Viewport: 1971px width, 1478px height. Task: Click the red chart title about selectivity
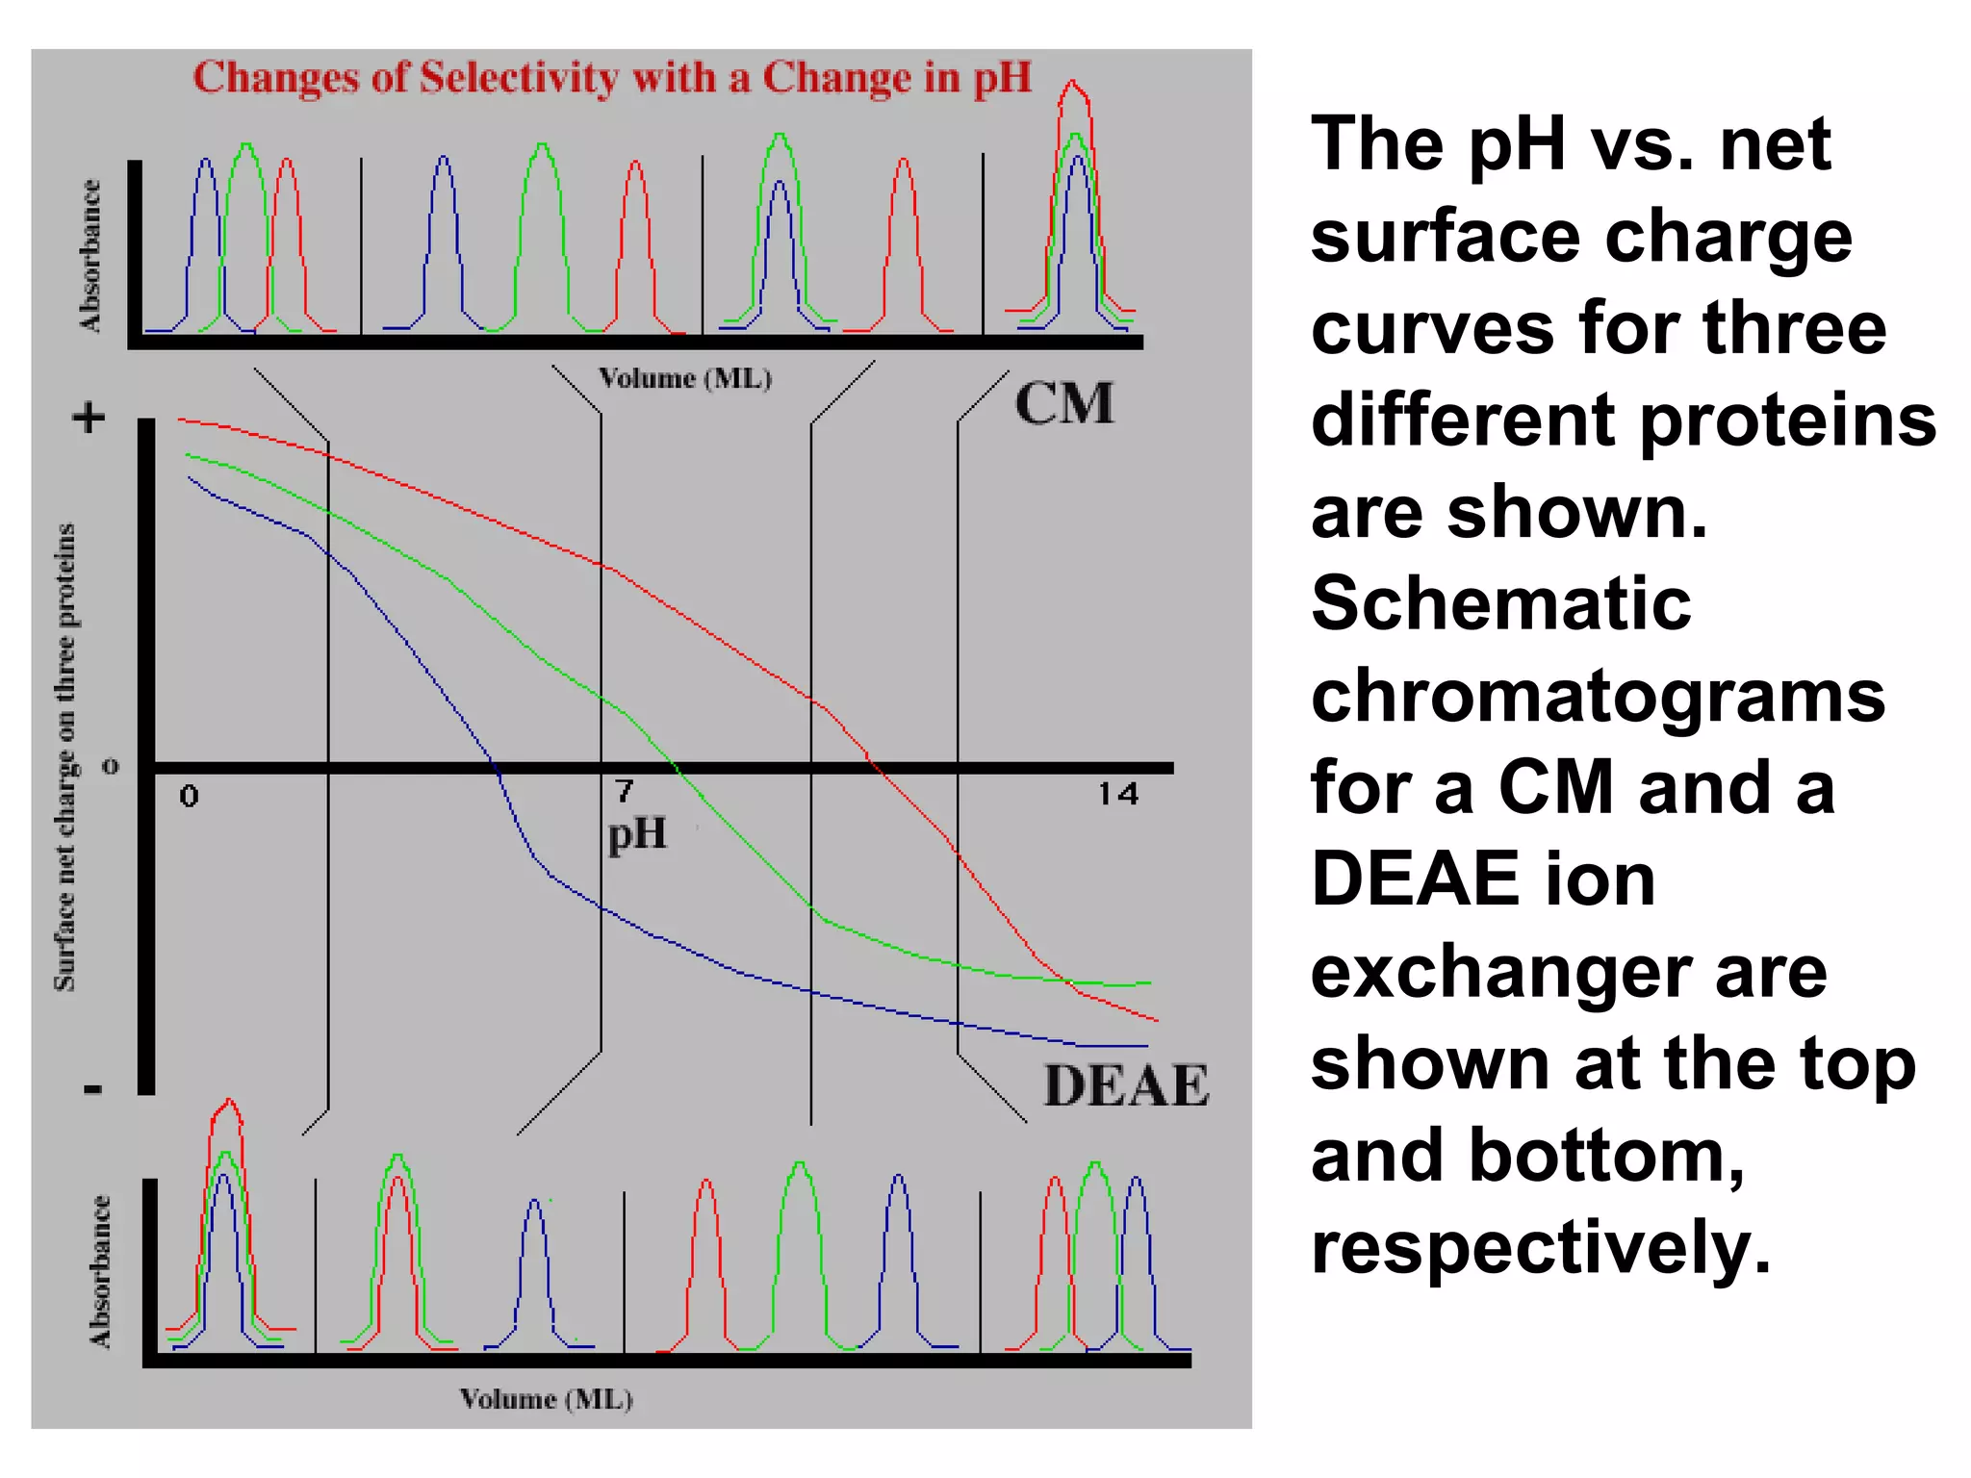click(612, 78)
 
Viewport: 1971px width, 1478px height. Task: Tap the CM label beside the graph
click(1063, 403)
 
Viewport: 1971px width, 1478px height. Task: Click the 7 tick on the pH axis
click(625, 791)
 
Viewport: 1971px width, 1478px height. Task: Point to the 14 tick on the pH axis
click(1118, 794)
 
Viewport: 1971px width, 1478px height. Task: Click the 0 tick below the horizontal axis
click(189, 796)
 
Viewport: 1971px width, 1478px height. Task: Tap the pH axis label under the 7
click(637, 833)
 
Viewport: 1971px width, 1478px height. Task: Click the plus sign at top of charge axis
click(90, 419)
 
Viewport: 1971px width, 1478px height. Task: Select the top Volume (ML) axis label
click(685, 378)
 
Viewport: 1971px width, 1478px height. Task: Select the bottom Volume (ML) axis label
click(547, 1398)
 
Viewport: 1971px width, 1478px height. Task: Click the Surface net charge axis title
click(64, 757)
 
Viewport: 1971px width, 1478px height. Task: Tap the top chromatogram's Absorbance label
click(90, 256)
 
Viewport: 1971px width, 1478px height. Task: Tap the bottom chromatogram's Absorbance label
click(100, 1271)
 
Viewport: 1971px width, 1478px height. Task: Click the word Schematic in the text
click(1500, 604)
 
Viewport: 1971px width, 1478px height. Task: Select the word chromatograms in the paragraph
click(1598, 696)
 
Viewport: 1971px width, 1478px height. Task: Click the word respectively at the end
click(1540, 1248)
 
